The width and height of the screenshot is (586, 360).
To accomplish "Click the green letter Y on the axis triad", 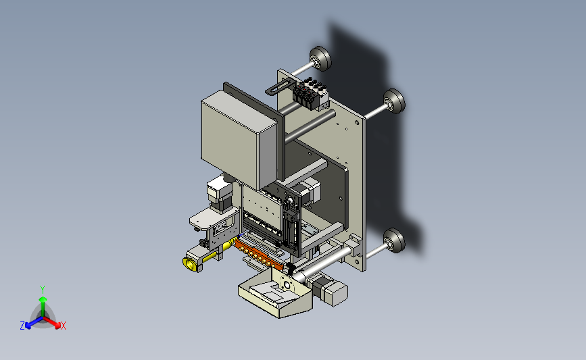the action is pos(43,290).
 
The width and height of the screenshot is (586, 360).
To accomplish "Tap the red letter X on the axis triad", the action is pos(63,326).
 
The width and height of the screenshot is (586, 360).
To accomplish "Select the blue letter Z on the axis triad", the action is pos(22,326).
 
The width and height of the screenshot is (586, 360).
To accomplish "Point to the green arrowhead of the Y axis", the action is pos(43,299).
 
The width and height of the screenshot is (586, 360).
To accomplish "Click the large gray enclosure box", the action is pos(239,139).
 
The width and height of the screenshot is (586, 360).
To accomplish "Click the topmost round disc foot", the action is pos(320,58).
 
